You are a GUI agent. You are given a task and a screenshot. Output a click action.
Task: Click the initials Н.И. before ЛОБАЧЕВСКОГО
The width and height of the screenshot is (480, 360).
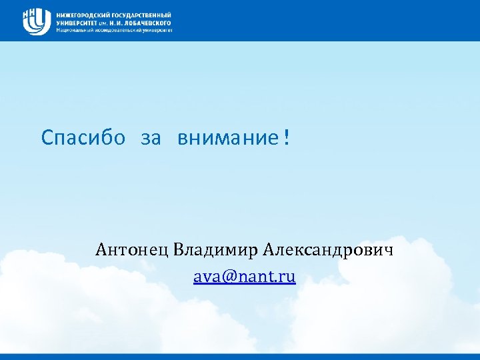click(120, 23)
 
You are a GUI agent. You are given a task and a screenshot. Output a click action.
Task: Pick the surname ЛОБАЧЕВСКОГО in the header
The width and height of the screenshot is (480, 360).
click(151, 23)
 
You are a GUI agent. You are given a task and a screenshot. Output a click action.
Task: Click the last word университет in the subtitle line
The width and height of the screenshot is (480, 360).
click(156, 30)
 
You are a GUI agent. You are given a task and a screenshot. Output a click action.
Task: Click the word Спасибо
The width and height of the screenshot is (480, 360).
click(83, 138)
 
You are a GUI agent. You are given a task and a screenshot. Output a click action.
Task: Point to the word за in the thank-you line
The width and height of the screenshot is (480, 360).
click(151, 138)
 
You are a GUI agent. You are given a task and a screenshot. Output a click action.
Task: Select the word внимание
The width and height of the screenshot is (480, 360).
click(227, 138)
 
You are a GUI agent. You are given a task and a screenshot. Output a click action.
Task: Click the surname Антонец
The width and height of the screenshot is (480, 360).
click(132, 250)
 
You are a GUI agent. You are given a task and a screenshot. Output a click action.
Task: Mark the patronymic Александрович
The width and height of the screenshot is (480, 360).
click(329, 250)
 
